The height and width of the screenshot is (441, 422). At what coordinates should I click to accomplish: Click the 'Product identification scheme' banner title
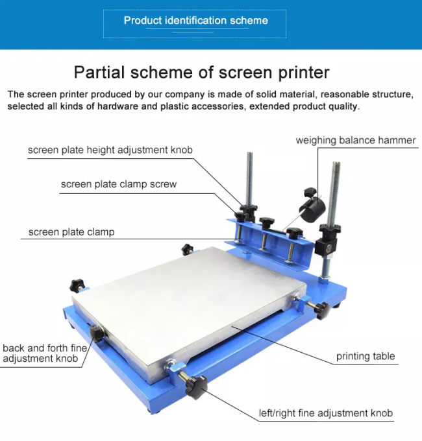(x=195, y=20)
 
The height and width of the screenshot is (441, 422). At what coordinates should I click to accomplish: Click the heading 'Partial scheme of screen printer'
(x=201, y=72)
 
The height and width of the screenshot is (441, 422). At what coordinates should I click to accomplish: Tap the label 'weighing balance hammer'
(x=356, y=140)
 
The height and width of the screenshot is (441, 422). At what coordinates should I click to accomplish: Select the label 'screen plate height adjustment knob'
(x=110, y=150)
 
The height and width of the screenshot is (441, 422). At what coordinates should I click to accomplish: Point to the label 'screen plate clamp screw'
(x=119, y=184)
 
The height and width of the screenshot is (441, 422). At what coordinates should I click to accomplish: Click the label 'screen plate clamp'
(x=71, y=232)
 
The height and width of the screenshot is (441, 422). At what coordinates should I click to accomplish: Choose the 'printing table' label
(x=366, y=356)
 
